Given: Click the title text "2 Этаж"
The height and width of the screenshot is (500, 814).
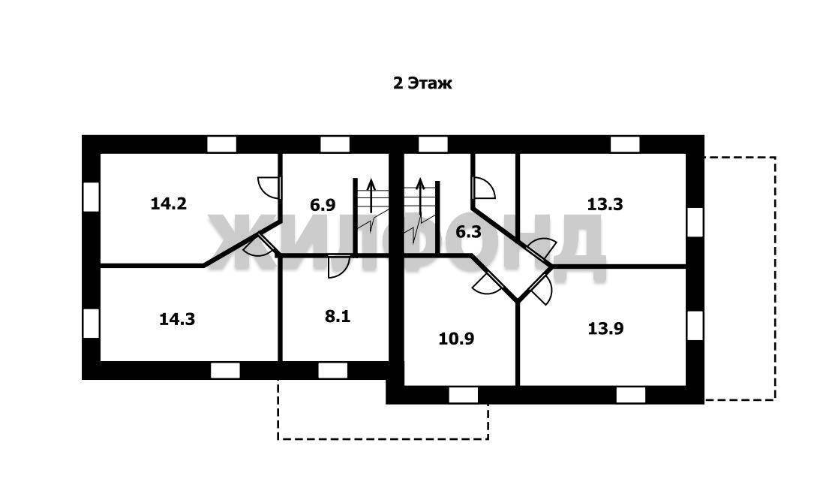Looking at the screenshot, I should pos(422,83).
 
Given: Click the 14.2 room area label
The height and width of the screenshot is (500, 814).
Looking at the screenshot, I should pos(168,203).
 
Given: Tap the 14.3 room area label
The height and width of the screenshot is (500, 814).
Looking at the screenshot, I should pos(177,319).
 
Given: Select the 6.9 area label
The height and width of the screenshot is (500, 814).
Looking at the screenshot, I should pos(323,205).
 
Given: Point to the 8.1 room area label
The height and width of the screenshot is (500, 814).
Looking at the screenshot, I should pos(337,316).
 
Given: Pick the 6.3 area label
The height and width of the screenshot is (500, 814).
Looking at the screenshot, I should pos(468,232).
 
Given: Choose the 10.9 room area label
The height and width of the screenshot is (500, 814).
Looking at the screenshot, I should pos(456,339).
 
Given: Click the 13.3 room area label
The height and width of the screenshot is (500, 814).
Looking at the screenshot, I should pos(605,203).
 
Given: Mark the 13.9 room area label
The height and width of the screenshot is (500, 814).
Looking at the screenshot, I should pos(605,327).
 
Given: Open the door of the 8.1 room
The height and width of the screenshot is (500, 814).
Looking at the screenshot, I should pos(338,267).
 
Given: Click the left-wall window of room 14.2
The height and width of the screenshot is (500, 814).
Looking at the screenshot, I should pos(91,197).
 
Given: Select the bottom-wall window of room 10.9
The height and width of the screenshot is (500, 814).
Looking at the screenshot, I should pos(463,395).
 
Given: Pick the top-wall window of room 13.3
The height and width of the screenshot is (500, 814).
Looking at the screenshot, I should pos(625,144).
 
